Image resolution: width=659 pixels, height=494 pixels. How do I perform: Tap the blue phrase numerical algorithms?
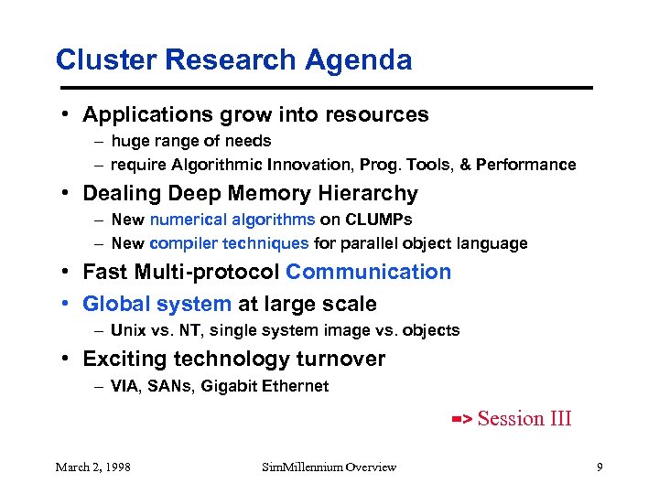pos(232,220)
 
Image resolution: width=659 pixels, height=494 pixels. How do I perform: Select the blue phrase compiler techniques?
pos(229,243)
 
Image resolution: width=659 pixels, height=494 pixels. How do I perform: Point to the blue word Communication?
pos(368,273)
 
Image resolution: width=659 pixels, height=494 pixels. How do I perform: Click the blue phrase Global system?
pos(157,304)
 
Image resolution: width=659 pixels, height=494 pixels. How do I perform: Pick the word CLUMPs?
pos(379,220)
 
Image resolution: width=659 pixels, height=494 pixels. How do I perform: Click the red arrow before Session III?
pos(461,420)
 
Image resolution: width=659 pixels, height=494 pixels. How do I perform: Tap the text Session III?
pos(524,419)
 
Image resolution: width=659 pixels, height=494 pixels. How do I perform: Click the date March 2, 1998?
pos(92,467)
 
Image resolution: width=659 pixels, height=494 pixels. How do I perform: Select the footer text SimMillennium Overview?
pos(329,467)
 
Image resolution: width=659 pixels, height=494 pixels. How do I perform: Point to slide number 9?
pos(599,467)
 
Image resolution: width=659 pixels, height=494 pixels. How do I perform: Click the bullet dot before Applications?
pos(67,115)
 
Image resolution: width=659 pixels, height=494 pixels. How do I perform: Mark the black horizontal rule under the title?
pos(324,88)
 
